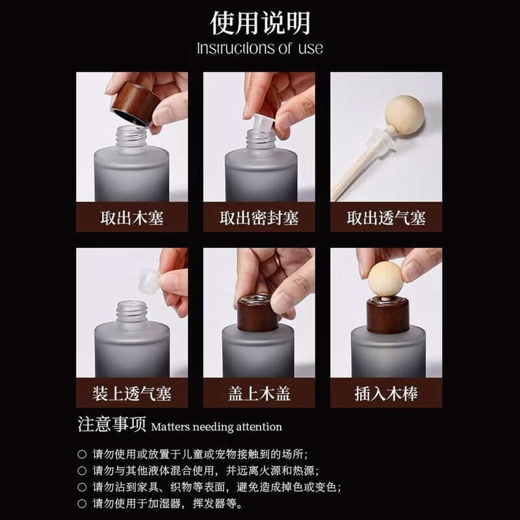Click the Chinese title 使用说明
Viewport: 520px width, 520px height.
click(x=260, y=23)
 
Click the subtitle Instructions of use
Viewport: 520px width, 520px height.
click(x=260, y=49)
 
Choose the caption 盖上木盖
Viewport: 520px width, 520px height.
click(x=259, y=393)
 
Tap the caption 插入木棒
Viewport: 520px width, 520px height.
click(x=388, y=393)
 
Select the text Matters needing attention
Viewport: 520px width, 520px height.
click(x=217, y=428)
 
